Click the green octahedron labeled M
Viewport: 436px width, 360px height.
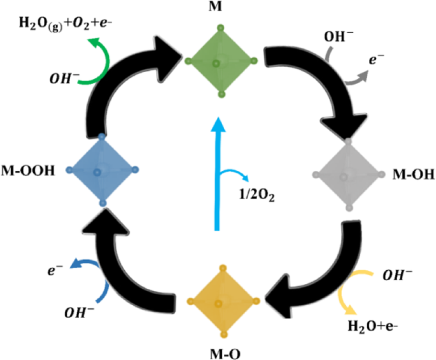tap(220, 61)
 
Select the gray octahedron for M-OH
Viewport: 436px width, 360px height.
tap(348, 174)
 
